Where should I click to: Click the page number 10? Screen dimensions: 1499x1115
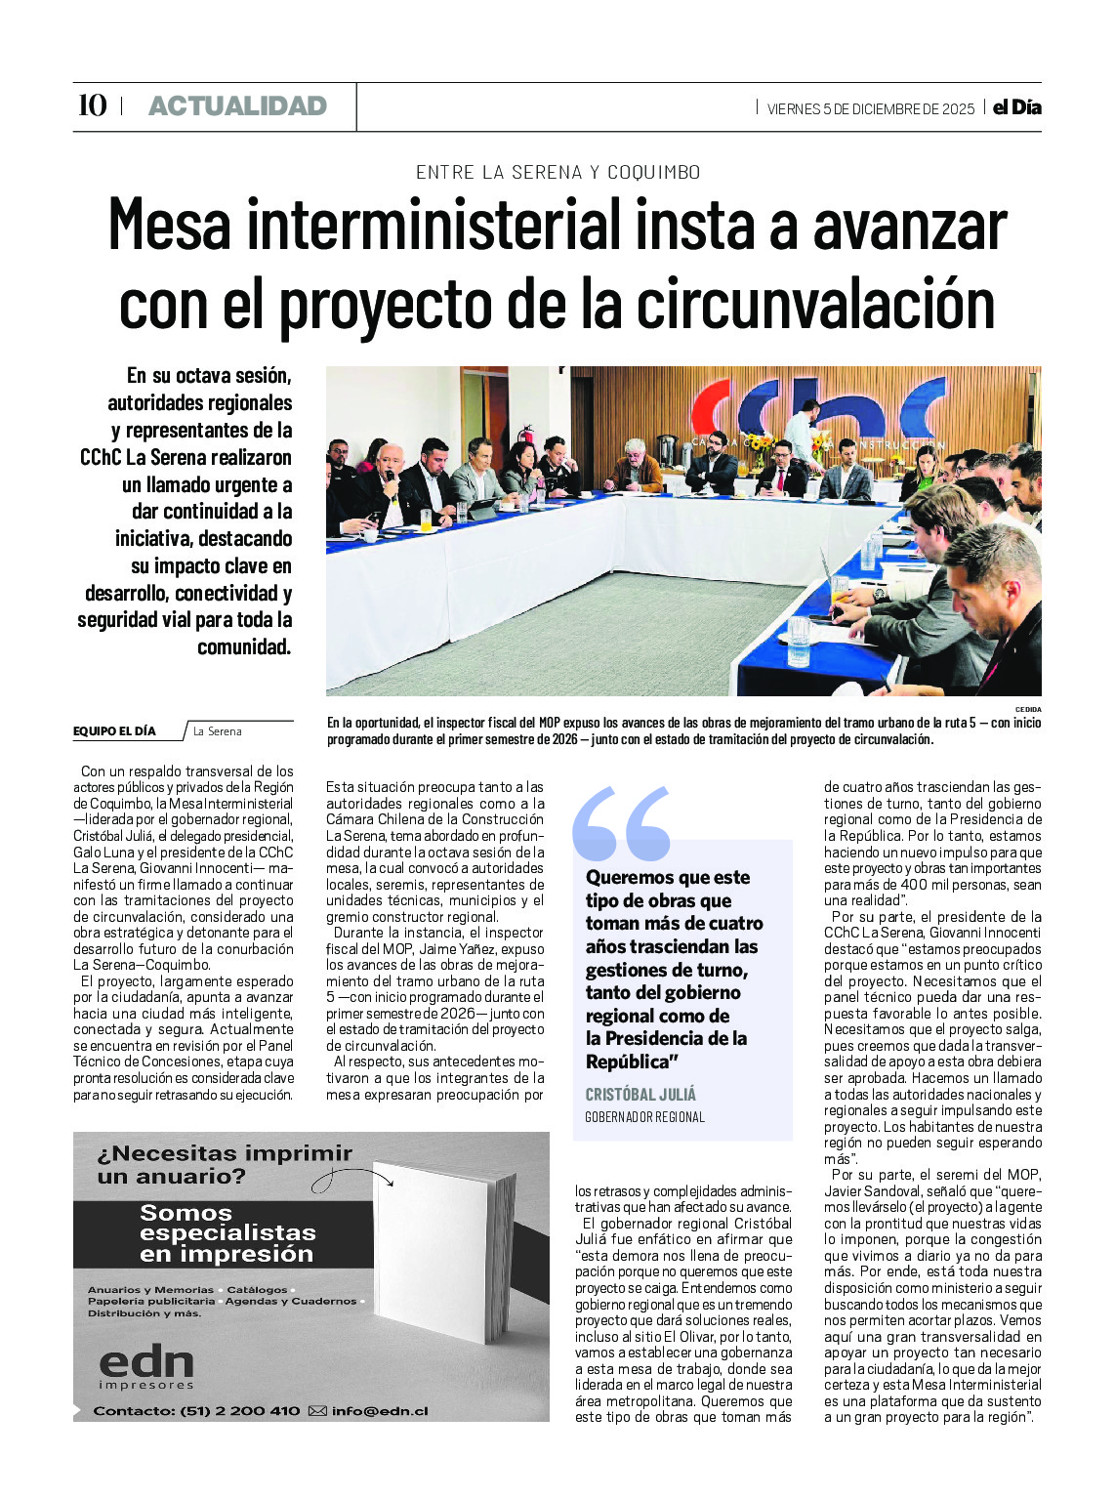coord(92,105)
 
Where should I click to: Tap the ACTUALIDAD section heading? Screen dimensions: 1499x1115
coord(237,106)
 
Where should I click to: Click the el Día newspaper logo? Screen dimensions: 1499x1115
coord(1016,107)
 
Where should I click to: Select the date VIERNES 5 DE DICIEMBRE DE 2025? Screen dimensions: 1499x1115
coord(870,109)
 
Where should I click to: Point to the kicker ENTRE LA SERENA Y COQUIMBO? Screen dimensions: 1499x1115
coord(557,173)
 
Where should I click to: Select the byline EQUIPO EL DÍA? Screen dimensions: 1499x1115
coord(114,731)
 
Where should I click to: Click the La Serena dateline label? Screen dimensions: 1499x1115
coord(217,731)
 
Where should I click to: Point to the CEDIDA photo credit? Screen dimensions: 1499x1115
coord(1027,710)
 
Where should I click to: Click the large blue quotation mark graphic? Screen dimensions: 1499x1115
coord(622,823)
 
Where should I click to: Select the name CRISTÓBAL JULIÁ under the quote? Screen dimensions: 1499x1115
coord(640,1095)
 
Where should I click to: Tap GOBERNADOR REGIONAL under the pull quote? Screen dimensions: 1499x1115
coord(644,1117)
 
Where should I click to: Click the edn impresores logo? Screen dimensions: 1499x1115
coord(146,1366)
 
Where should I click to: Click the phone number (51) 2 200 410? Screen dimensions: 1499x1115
coord(240,1411)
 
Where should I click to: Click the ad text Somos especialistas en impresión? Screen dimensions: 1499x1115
coord(227,1233)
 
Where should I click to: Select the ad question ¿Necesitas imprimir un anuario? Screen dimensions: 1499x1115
coord(224,1164)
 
